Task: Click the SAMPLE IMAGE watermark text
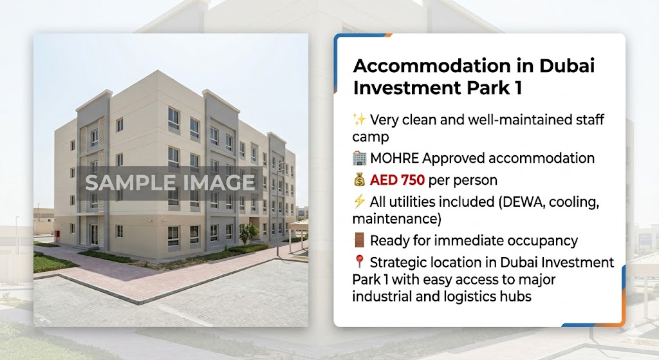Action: pyautogui.click(x=170, y=182)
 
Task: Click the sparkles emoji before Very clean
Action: pyautogui.click(x=359, y=120)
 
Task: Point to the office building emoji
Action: pyautogui.click(x=359, y=158)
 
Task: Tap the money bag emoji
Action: pyautogui.click(x=359, y=180)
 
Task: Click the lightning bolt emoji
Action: pyautogui.click(x=359, y=202)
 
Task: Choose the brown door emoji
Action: pyautogui.click(x=359, y=241)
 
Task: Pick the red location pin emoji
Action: pyautogui.click(x=359, y=263)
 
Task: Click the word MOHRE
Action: pyautogui.click(x=394, y=158)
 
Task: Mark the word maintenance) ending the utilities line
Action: pyautogui.click(x=396, y=219)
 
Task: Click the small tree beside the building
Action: pyautogui.click(x=248, y=233)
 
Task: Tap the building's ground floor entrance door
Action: pyautogui.click(x=94, y=234)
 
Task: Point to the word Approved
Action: pyautogui.click(x=457, y=158)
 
